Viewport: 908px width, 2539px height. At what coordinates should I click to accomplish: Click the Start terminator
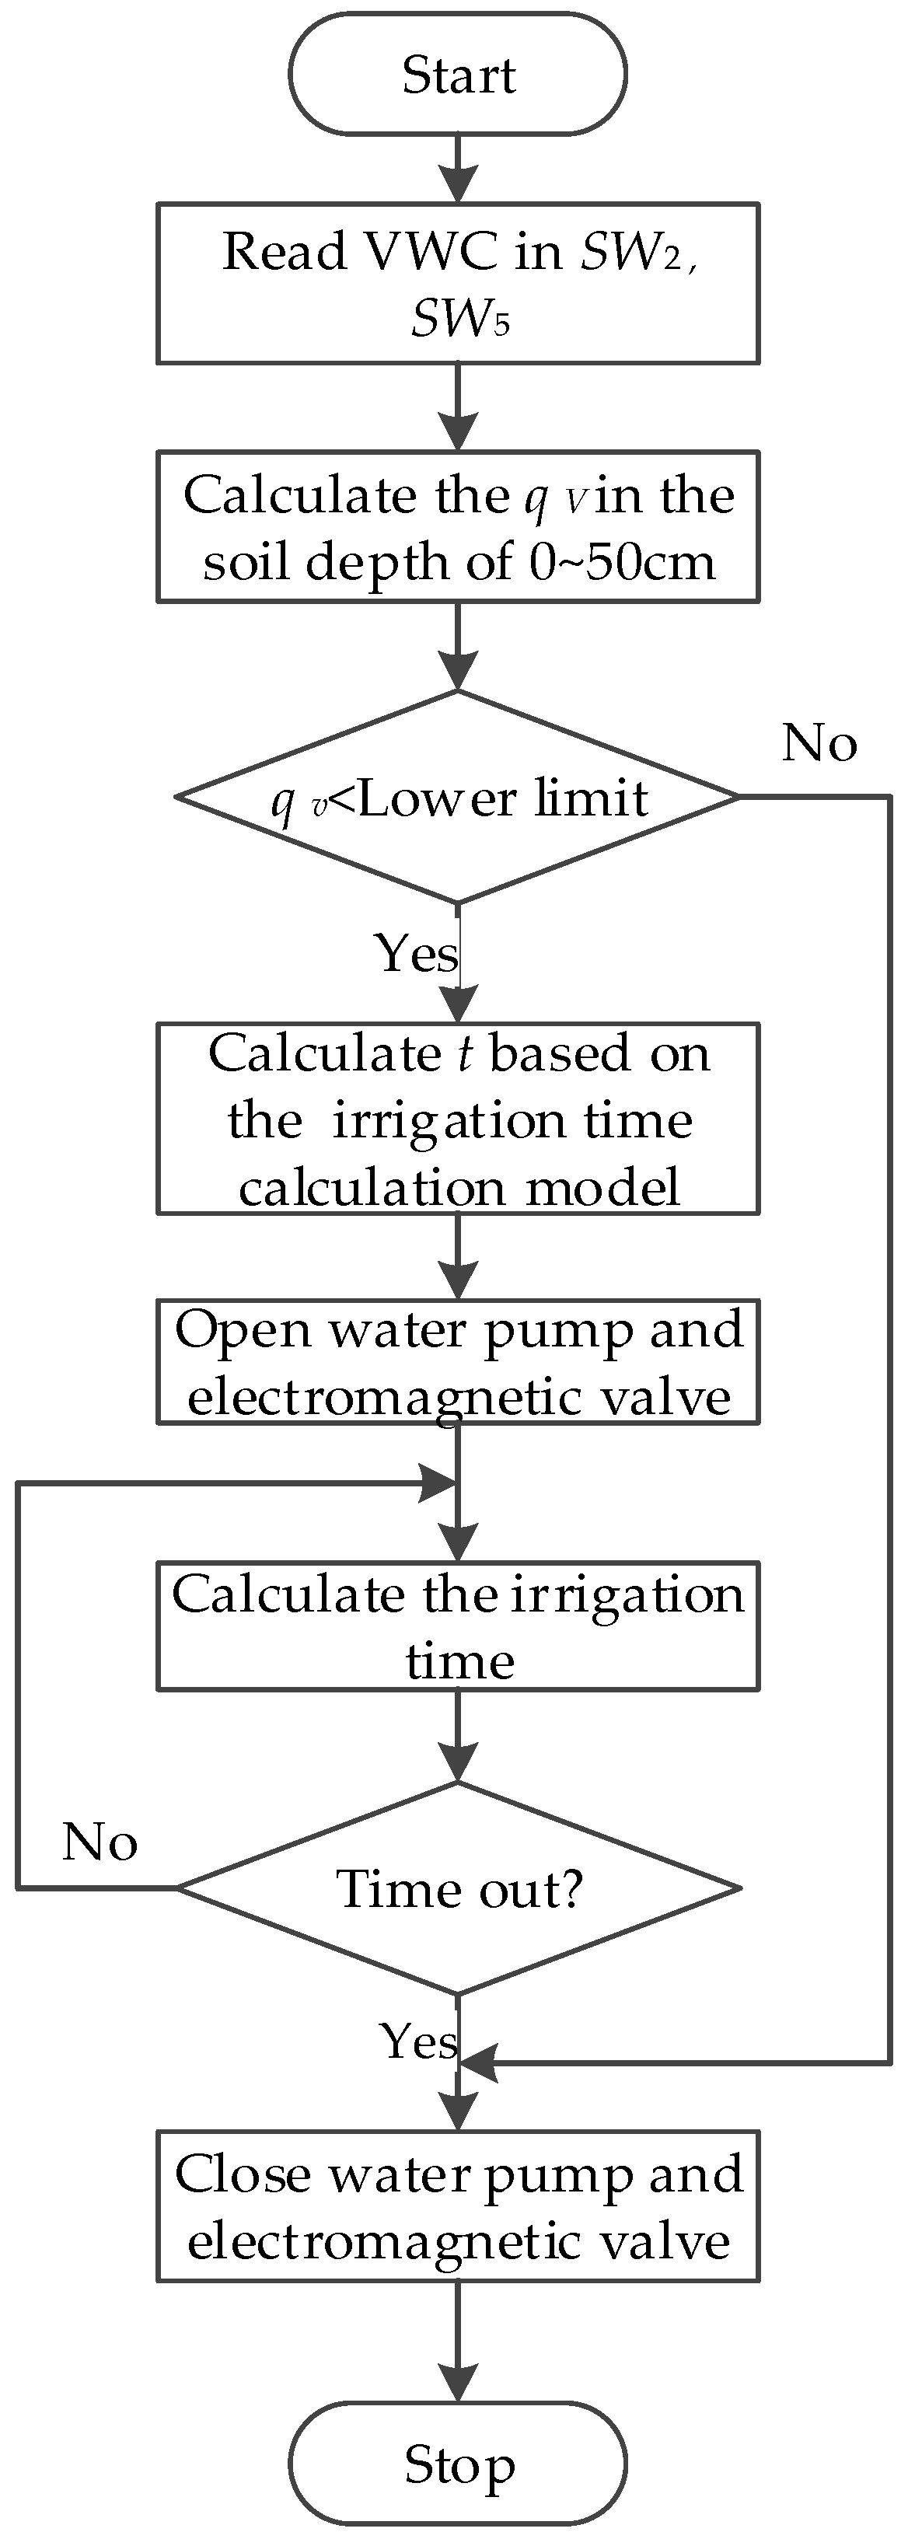[457, 74]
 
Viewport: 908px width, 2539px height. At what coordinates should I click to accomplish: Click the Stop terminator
[457, 2464]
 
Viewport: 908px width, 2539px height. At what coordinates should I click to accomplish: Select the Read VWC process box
[457, 283]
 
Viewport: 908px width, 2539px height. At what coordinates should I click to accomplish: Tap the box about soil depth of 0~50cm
[457, 526]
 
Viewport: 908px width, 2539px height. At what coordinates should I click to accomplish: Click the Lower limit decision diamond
[457, 796]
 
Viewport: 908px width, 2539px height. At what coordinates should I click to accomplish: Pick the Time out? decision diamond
[457, 1888]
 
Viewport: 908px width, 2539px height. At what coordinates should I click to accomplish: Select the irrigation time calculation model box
[457, 1119]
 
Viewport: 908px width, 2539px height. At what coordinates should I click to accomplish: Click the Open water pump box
[457, 1362]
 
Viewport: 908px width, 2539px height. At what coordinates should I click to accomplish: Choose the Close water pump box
[457, 2205]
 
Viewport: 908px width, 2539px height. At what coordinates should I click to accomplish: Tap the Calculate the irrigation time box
[457, 1626]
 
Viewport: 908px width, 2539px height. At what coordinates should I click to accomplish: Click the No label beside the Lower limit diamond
[819, 742]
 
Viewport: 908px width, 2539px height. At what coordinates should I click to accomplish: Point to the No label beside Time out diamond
[100, 1841]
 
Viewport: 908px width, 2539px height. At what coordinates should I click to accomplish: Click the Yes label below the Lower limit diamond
[416, 952]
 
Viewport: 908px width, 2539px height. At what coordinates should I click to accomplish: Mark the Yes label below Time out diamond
[420, 2040]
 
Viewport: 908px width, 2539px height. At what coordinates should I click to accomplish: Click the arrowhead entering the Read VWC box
[457, 183]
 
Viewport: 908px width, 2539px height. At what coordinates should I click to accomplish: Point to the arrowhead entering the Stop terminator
[457, 2382]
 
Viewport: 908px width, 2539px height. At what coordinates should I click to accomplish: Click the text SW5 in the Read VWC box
[460, 317]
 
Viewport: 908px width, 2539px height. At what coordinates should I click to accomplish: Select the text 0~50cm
[622, 562]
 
